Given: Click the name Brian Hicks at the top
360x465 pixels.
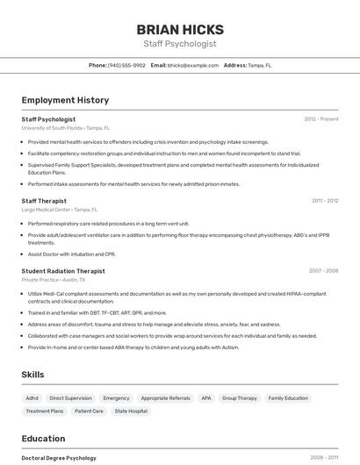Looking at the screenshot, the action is coord(180,29).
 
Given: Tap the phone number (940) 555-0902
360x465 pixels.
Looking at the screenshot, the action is coord(126,65).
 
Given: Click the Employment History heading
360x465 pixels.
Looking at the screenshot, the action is coord(65,100).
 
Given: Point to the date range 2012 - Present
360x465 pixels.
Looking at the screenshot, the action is coord(321,118).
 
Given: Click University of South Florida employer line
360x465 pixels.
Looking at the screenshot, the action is coord(66,128).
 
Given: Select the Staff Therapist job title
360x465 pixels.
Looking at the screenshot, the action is coord(44,201).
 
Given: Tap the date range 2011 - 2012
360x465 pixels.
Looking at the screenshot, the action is coord(325,201).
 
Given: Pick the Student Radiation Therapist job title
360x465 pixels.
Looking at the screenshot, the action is coord(63,271).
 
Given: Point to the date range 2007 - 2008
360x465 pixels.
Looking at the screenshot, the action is coord(323,271).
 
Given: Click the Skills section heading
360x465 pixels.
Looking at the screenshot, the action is coord(32,375).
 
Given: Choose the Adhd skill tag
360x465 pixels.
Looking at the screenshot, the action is coord(32,398).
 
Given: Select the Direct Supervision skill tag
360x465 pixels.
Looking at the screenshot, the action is coord(70,398).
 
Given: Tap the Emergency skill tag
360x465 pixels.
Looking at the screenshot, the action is coord(116,398).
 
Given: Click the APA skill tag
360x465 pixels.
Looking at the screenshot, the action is coord(206,398).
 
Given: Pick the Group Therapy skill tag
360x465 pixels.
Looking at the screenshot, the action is coord(240,398).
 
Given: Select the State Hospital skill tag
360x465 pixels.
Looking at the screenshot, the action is coord(131,411).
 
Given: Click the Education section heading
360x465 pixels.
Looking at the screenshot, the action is coord(43,439).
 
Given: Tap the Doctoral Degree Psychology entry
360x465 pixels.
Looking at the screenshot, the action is coord(59,458).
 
